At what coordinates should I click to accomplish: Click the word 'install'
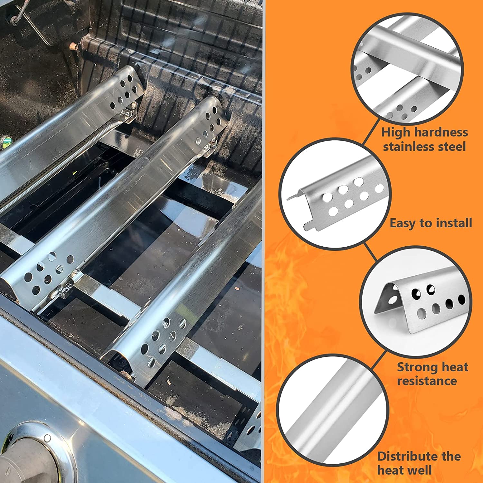pos(453,223)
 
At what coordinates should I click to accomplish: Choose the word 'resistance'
pos(427,381)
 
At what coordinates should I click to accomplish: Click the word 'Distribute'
pos(407,456)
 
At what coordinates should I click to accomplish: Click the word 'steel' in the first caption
pos(452,147)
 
